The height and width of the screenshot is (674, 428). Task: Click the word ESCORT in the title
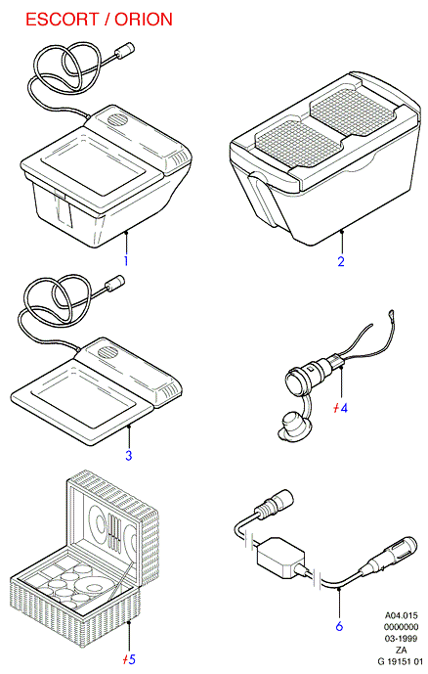[62, 20]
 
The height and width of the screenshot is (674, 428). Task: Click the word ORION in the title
[144, 20]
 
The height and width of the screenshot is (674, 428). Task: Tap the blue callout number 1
[126, 261]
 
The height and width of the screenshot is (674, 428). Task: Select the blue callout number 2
[341, 261]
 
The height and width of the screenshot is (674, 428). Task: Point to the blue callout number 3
[128, 455]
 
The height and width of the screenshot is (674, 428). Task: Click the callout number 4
[343, 408]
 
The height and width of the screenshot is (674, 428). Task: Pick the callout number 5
[132, 659]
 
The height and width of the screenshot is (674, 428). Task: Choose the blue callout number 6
[339, 626]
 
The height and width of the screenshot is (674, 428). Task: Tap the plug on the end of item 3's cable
[115, 284]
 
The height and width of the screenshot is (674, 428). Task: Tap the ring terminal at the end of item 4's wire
[391, 316]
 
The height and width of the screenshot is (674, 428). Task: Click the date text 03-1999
[401, 638]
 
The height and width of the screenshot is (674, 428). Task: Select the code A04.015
[401, 615]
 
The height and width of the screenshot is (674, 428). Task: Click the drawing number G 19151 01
[400, 660]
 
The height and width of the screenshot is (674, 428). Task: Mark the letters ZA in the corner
[402, 650]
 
